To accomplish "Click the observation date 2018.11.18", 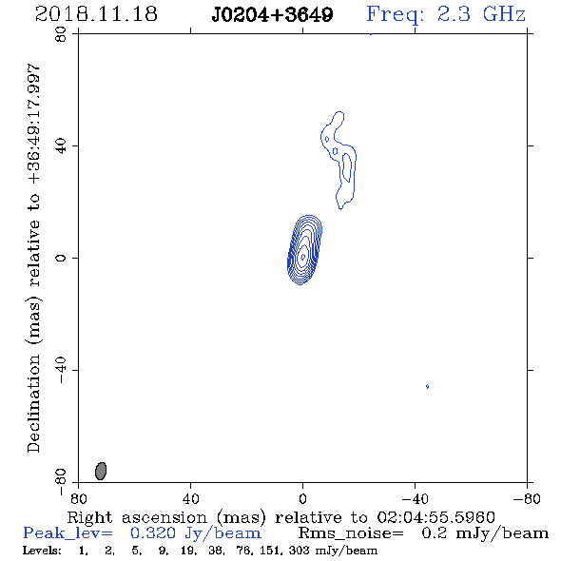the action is pos(96,14).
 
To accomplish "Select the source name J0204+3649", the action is pos(272,14).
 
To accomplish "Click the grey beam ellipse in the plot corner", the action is pos(101,471).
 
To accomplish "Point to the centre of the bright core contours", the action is pos(303,256).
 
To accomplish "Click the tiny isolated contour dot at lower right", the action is pos(427,386).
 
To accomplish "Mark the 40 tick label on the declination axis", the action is pos(61,146).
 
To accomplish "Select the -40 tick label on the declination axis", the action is pos(61,370).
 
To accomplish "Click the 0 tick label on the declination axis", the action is pos(61,258).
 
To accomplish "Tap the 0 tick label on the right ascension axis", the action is pos(302,499).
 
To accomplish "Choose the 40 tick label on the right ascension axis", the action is pos(190,499).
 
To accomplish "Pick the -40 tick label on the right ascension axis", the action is pos(415,499).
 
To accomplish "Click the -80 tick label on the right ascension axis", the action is pos(527,499).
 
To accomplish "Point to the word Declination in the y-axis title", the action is pos(33,403).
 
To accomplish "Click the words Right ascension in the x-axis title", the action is pos(137,517).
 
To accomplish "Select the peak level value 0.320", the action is pos(153,533).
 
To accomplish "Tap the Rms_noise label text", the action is pos(351,533).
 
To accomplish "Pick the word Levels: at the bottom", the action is pos(42,551).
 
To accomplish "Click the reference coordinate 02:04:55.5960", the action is pos(436,517).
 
